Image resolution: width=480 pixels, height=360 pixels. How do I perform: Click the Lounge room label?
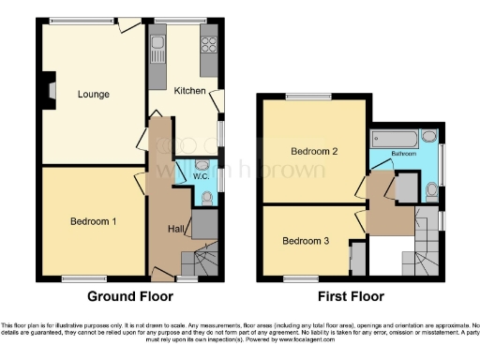[x=93, y=94]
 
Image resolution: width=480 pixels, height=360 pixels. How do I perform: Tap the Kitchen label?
[x=189, y=90]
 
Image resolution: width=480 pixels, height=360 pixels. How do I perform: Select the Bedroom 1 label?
[x=93, y=221]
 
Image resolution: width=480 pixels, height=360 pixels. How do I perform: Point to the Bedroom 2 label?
[x=314, y=150]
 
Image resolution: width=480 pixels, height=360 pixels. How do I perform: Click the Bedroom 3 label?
[x=305, y=240]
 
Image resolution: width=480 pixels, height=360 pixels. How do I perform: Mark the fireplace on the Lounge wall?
[x=50, y=91]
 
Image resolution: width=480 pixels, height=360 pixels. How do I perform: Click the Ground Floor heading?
[x=129, y=297]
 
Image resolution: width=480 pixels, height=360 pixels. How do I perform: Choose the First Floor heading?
[x=351, y=297]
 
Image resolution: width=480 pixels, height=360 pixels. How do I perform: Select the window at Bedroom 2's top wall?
[x=303, y=97]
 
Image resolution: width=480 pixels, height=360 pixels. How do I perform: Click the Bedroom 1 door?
[x=141, y=183]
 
